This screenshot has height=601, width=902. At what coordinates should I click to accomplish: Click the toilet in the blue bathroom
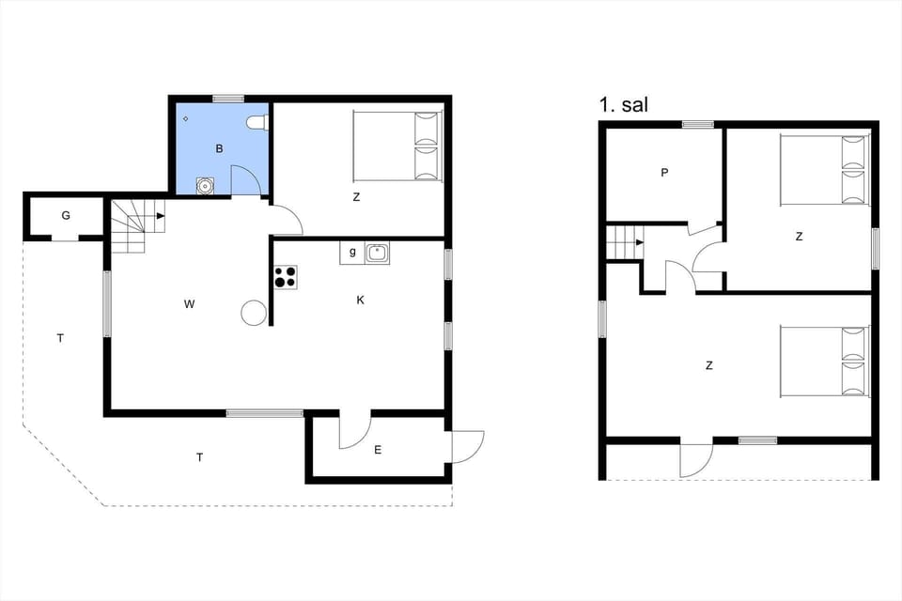pyautogui.click(x=261, y=122)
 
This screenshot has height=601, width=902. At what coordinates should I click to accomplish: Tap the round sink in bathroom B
pyautogui.click(x=204, y=185)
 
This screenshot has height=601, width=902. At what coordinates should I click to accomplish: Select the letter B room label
pyautogui.click(x=219, y=148)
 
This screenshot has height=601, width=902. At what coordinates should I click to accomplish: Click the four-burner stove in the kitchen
pyautogui.click(x=286, y=276)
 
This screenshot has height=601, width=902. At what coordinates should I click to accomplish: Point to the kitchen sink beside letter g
pyautogui.click(x=377, y=252)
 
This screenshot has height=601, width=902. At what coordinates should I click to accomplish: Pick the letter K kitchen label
pyautogui.click(x=360, y=300)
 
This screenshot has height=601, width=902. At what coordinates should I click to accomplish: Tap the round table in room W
pyautogui.click(x=254, y=313)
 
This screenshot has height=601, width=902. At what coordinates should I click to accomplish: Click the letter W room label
pyautogui.click(x=189, y=303)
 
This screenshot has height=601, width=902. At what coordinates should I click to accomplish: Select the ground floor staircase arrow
pyautogui.click(x=161, y=217)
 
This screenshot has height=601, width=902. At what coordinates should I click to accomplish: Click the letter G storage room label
pyautogui.click(x=66, y=215)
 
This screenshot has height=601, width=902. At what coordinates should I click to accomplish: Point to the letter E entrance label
pyautogui.click(x=378, y=450)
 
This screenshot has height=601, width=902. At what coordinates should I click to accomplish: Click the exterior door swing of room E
pyautogui.click(x=468, y=445)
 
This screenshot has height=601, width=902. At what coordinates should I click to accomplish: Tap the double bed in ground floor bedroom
pyautogui.click(x=397, y=146)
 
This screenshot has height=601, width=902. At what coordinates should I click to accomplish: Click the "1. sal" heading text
pyautogui.click(x=623, y=104)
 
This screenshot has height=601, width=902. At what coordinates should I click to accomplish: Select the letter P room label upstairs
pyautogui.click(x=664, y=172)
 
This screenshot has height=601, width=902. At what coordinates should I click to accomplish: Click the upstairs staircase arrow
pyautogui.click(x=639, y=242)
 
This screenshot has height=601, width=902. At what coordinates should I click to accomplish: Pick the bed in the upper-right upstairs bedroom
pyautogui.click(x=823, y=170)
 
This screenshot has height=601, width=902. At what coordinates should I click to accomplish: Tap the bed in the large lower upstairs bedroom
pyautogui.click(x=823, y=361)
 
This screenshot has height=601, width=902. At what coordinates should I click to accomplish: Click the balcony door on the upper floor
pyautogui.click(x=696, y=458)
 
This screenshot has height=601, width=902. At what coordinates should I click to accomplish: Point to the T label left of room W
pyautogui.click(x=60, y=338)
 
